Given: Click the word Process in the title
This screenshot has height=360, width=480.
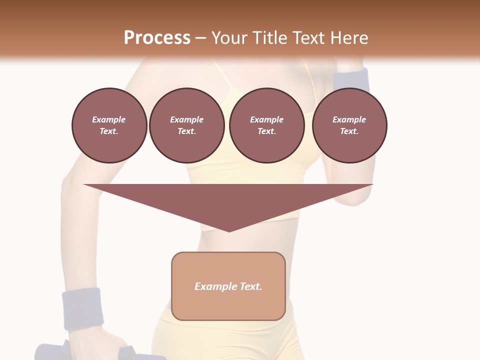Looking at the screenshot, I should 157,38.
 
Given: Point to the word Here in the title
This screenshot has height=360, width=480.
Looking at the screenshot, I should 349,38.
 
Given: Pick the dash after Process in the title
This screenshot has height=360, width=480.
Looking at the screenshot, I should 200,38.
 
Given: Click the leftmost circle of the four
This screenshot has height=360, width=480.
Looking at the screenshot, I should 109,125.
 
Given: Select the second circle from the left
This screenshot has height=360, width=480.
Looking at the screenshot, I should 186,125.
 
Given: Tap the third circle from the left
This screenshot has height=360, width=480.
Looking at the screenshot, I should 266,125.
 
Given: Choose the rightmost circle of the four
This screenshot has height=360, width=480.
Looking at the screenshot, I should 349,125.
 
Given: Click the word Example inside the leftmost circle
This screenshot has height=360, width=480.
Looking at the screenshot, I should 109,119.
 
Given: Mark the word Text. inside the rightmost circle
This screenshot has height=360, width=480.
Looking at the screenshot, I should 349,131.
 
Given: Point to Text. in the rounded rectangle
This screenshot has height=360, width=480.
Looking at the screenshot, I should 251,286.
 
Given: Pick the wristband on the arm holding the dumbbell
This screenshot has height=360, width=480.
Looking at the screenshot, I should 82,308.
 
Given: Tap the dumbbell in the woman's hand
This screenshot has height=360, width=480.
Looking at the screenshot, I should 50,351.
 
